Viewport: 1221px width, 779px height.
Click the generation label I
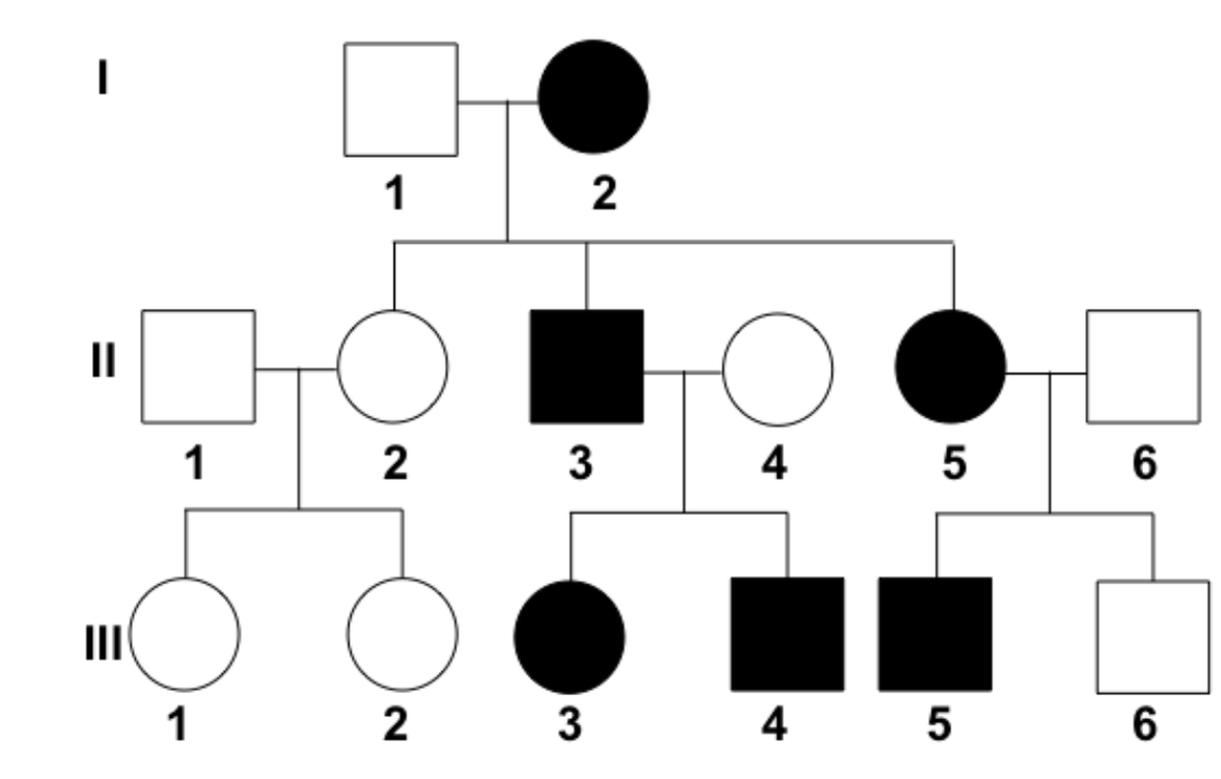(102, 77)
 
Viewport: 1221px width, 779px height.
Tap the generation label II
(102, 362)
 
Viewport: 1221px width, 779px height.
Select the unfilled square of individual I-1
(401, 99)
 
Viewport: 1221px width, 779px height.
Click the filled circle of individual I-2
(594, 97)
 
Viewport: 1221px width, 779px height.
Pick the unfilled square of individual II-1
(198, 367)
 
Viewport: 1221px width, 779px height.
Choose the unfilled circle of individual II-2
(393, 367)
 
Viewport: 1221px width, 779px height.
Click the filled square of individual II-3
(587, 367)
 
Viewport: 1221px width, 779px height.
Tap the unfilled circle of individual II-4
(777, 369)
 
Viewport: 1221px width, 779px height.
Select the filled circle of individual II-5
(950, 367)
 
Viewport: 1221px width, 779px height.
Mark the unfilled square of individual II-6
(1142, 366)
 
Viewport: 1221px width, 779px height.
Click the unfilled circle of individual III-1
(185, 633)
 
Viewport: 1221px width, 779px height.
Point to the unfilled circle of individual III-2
(402, 633)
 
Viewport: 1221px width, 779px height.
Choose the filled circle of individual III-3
(570, 635)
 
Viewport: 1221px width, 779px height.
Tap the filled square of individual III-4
(787, 633)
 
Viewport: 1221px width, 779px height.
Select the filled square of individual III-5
(935, 633)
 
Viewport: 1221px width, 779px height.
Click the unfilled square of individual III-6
(1152, 636)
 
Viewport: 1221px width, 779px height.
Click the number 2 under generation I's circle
(603, 194)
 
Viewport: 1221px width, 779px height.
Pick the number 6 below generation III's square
(1145, 723)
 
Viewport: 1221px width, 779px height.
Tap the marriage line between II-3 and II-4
(682, 372)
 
